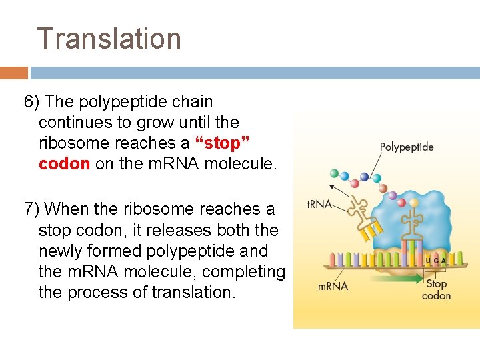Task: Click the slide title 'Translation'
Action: [x=109, y=39]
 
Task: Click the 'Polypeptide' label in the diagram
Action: [x=407, y=147]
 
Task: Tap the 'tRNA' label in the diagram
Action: [x=319, y=204]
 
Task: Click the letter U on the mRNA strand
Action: [x=427, y=261]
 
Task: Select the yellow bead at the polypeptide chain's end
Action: [x=414, y=202]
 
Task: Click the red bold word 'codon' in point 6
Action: [x=64, y=164]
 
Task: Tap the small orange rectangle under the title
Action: [x=13, y=73]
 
